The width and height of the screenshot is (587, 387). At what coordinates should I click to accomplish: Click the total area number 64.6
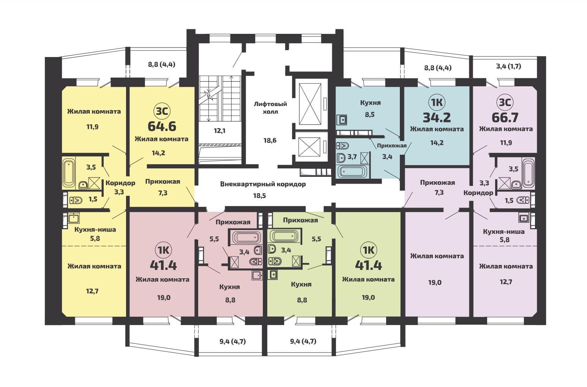(162, 126)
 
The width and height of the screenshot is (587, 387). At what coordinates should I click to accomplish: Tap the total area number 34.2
(437, 117)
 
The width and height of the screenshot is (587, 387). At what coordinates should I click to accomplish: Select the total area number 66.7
(505, 117)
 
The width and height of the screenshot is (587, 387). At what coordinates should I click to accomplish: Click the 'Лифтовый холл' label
(270, 108)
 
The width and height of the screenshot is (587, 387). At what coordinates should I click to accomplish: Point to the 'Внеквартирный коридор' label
(263, 184)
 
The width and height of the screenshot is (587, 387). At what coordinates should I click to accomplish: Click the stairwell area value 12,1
(219, 131)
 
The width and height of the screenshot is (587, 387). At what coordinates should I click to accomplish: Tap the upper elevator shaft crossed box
(310, 104)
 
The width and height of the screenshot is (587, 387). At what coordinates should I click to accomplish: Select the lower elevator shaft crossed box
(310, 147)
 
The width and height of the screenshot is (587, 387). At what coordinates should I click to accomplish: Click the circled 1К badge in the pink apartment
(164, 250)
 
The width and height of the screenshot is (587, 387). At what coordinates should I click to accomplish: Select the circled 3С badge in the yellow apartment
(162, 111)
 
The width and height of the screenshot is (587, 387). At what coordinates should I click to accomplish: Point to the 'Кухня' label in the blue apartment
(370, 103)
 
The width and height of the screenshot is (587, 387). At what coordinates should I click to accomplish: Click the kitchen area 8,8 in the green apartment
(302, 300)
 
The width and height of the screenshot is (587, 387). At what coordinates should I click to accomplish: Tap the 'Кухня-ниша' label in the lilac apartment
(504, 232)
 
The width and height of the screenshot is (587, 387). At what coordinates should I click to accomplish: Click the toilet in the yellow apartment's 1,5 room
(76, 201)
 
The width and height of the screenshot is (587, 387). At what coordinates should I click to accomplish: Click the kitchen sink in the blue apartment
(342, 120)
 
